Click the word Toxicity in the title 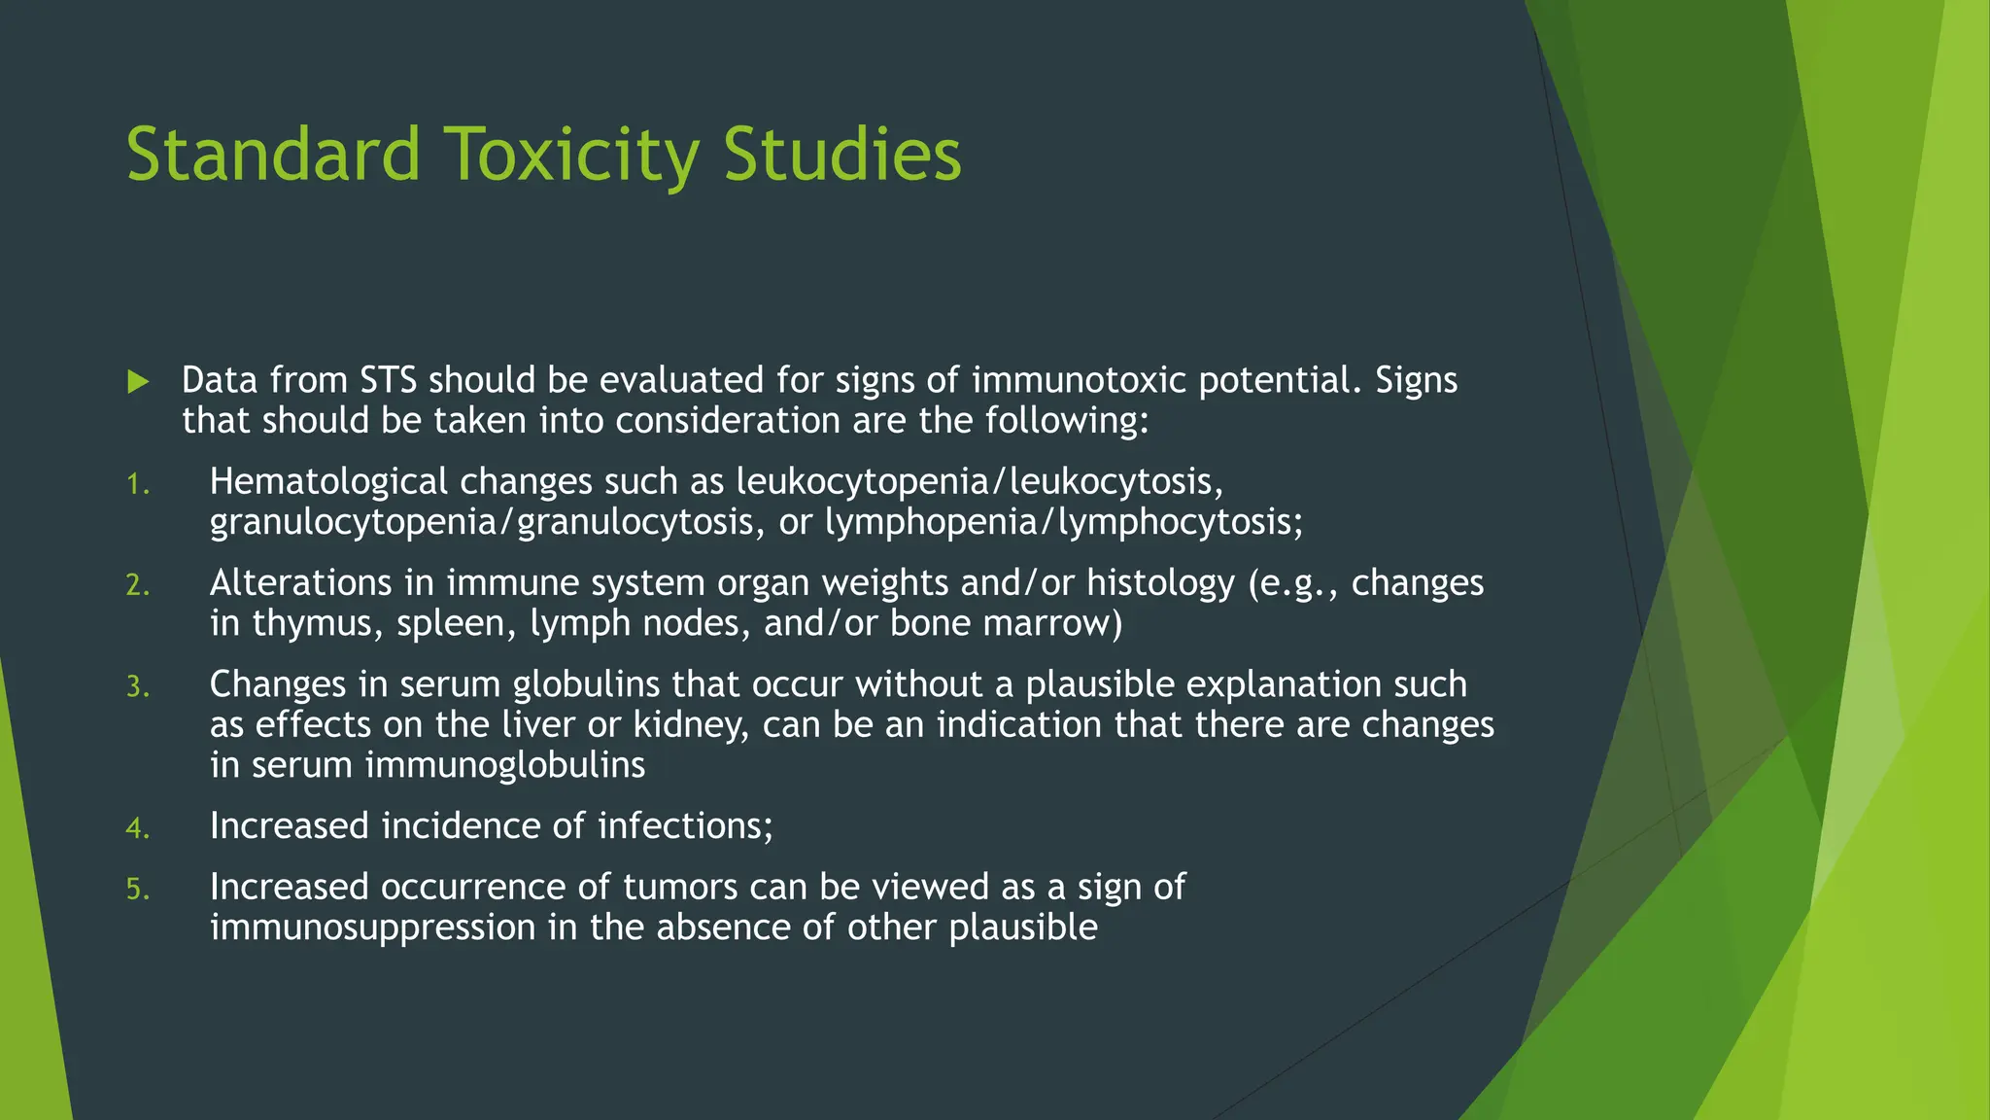[x=572, y=156]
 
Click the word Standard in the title [x=273, y=156]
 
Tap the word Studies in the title [x=841, y=156]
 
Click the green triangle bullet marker [x=138, y=381]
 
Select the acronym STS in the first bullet [x=388, y=380]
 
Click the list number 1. [x=137, y=484]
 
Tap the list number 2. [x=137, y=585]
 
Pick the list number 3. [x=137, y=687]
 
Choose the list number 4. [x=137, y=828]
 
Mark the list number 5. [x=137, y=890]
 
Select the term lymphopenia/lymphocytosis [x=1063, y=523]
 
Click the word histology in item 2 [x=1160, y=583]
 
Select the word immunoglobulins [x=505, y=765]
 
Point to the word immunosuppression [x=373, y=927]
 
